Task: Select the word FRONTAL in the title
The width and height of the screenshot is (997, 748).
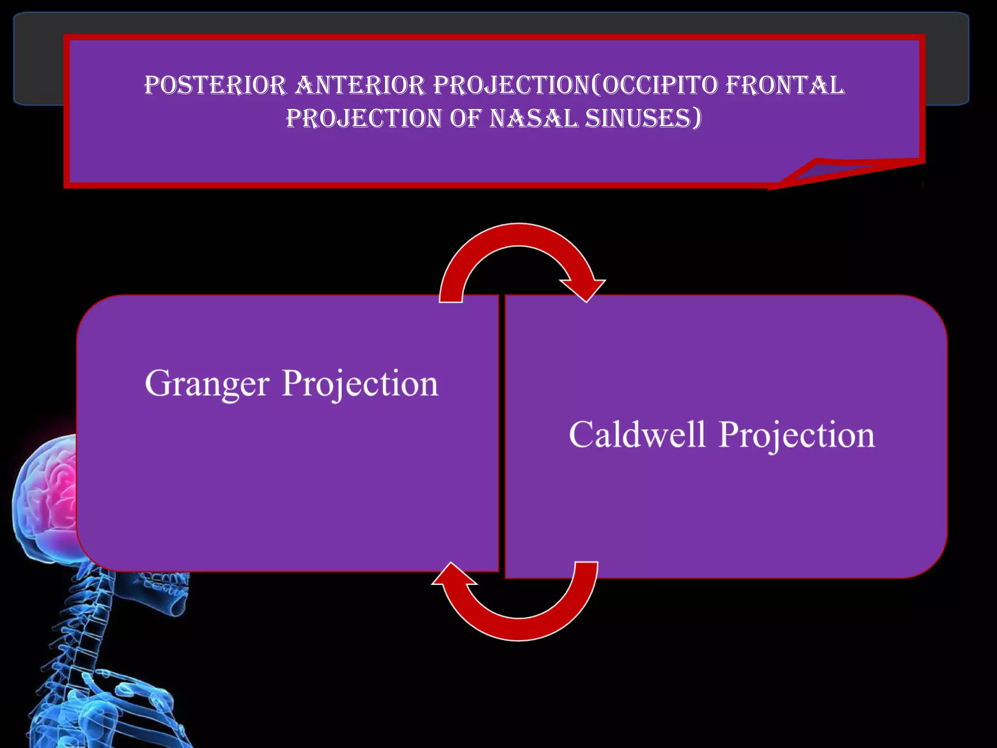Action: [785, 86]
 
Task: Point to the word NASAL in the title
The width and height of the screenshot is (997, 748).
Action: [534, 118]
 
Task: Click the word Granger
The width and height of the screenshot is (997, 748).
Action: [207, 385]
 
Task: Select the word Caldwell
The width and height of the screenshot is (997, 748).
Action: [637, 435]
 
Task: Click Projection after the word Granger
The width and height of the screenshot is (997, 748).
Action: [360, 385]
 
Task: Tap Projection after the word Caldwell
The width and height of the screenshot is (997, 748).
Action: [797, 435]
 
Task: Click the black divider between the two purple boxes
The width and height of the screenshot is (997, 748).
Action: [502, 433]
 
